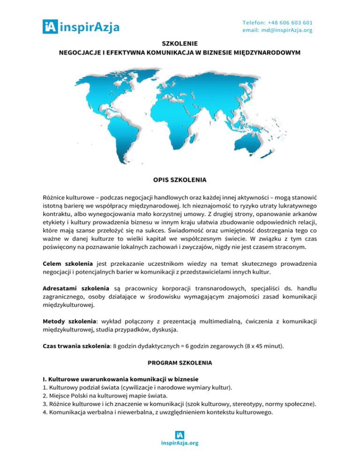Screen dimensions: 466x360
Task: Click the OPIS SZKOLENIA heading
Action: pos(180,180)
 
